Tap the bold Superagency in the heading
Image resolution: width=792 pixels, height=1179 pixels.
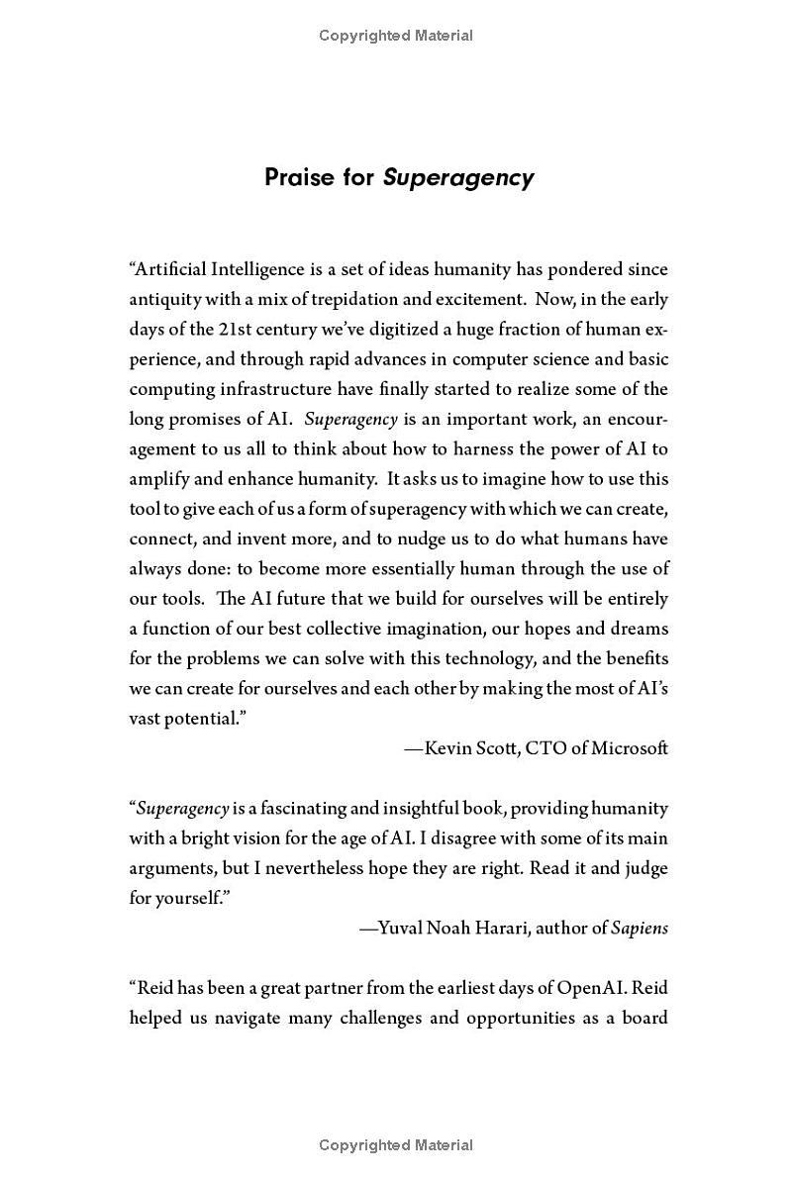[x=458, y=178]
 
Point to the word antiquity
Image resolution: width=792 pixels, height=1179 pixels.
[x=164, y=299]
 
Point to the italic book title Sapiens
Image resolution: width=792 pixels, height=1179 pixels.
[x=640, y=929]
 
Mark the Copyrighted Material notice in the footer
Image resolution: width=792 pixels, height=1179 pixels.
[x=396, y=1145]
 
